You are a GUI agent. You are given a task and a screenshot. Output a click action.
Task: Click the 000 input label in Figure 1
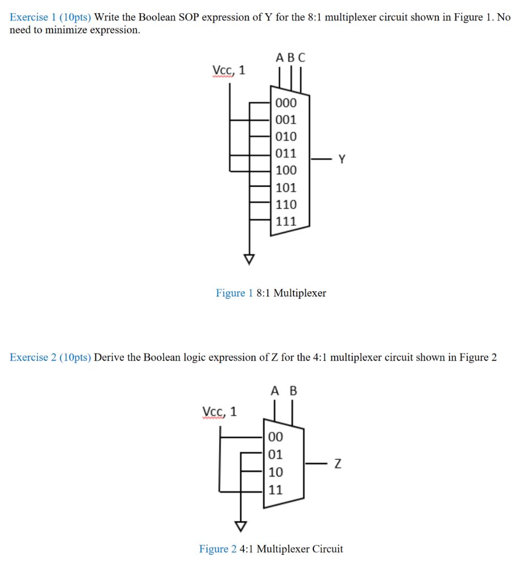click(x=286, y=103)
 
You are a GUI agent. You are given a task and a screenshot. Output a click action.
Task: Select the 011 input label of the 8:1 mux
click(x=286, y=153)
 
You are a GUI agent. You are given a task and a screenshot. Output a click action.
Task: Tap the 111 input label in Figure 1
click(x=286, y=221)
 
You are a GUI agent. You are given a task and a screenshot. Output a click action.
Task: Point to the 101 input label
click(x=286, y=187)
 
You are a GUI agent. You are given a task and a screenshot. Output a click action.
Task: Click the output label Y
click(x=342, y=160)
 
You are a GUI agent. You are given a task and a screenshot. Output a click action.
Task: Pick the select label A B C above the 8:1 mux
click(x=290, y=57)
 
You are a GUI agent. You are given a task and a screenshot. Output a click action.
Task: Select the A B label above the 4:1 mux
click(x=284, y=391)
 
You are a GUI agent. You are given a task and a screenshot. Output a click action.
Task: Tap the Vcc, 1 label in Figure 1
click(x=229, y=70)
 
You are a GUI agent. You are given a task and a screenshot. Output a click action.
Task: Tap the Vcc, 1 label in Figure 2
click(x=220, y=411)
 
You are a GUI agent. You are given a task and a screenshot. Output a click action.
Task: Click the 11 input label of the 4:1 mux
click(x=275, y=489)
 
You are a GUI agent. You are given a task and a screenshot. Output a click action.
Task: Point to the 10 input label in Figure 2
click(x=275, y=472)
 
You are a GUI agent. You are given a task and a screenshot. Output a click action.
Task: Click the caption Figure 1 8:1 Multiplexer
click(x=270, y=293)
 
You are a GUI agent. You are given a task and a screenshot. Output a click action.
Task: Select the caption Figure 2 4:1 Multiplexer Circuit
click(x=270, y=549)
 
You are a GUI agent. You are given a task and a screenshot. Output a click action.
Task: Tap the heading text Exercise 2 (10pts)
click(x=51, y=357)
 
